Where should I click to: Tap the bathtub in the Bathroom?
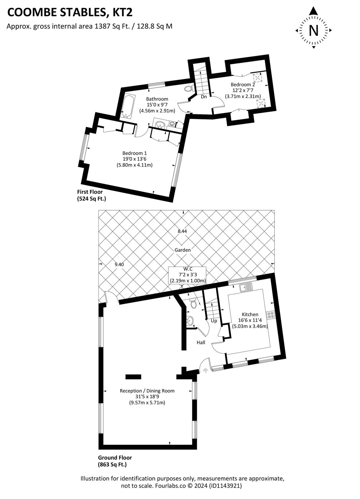127,106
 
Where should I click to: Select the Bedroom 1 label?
134,153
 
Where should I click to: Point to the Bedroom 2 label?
242,85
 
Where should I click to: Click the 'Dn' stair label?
204,97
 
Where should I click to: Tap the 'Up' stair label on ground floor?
214,321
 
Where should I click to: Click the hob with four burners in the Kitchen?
271,315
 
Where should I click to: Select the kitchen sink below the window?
245,288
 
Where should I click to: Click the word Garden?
183,250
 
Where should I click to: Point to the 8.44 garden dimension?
182,231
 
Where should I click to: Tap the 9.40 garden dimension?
119,265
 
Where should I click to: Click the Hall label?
201,342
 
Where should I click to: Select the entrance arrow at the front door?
205,370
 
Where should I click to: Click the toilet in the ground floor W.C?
193,304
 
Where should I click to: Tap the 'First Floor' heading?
90,192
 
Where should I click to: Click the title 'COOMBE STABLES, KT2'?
70,13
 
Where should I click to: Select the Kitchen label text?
250,314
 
